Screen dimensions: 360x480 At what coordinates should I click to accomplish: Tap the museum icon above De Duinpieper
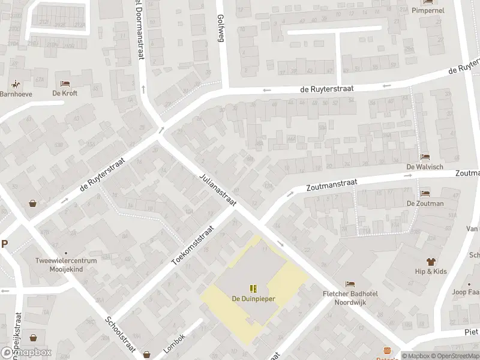pos(252,288)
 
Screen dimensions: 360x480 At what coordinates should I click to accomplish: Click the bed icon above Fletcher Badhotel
pos(350,284)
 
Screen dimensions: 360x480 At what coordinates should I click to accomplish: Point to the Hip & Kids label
pos(431,272)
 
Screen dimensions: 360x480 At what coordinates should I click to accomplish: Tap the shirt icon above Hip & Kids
pos(431,262)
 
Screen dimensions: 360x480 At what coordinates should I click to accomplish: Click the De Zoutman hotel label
pos(425,203)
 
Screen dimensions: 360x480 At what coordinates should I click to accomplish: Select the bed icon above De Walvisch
pos(425,157)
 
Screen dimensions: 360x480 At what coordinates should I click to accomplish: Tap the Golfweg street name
pos(220,27)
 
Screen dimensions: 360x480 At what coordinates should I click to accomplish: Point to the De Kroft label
pos(65,94)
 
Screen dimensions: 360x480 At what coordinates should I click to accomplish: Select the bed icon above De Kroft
pos(65,83)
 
